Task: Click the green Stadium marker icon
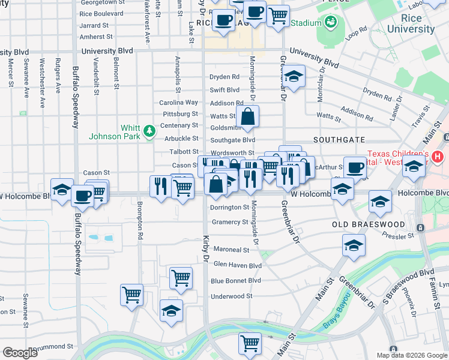[x=330, y=23]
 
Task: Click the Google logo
[x=20, y=353]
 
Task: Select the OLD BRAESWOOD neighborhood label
[x=369, y=224]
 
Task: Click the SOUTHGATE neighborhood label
[x=336, y=139]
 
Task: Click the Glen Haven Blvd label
[x=238, y=265]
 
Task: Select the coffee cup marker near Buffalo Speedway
[x=83, y=196]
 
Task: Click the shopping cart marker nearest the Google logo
[x=131, y=295]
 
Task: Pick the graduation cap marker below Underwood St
[x=171, y=311]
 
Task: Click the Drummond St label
[x=53, y=347]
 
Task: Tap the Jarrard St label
[x=94, y=26]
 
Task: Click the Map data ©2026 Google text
[x=412, y=355]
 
